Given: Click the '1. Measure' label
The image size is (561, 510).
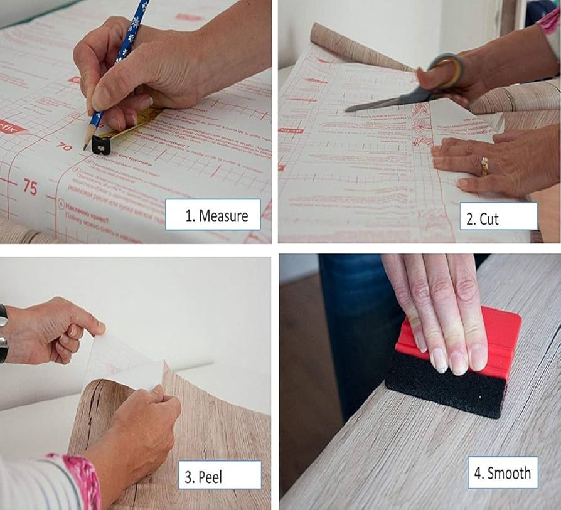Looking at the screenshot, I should click(x=213, y=215).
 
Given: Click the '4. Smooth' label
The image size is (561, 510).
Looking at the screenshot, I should click(x=502, y=472).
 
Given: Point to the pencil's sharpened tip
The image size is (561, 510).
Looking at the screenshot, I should click(x=86, y=147).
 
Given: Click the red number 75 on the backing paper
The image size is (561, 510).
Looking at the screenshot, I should click(x=30, y=186).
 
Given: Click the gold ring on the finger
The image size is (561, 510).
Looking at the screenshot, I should click(x=484, y=166).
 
